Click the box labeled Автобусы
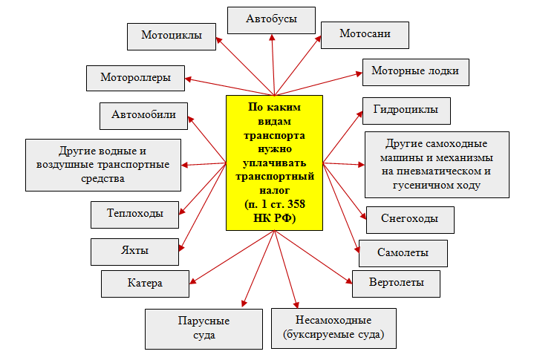[270, 19]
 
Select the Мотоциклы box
[171, 37]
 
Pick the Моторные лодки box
[415, 71]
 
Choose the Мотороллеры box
[135, 77]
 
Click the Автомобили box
[143, 115]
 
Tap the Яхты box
[135, 251]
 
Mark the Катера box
[144, 283]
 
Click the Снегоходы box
[409, 219]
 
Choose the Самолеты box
[403, 253]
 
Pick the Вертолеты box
[397, 283]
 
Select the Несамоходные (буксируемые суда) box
[333, 328]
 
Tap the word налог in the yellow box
[274, 189]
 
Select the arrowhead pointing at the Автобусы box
[270, 37]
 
